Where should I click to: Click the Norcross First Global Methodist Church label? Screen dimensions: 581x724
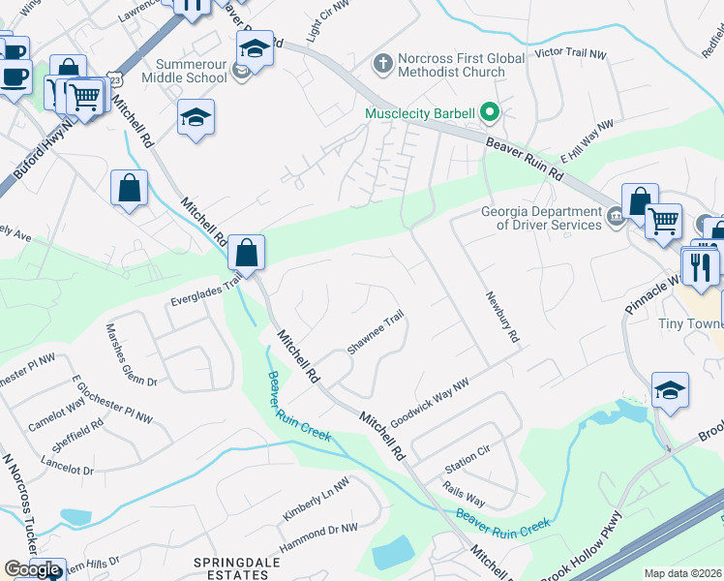point(452,65)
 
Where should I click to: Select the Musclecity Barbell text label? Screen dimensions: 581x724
point(419,113)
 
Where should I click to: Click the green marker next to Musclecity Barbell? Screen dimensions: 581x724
point(489,113)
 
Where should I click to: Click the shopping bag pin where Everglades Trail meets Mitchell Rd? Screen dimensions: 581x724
point(247,254)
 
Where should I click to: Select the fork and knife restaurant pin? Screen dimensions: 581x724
point(703,266)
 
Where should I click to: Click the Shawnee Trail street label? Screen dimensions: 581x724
point(375,333)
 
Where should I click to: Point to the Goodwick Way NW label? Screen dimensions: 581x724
point(430,402)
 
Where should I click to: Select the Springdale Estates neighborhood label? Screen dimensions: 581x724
point(230,567)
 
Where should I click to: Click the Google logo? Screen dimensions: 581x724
point(32,569)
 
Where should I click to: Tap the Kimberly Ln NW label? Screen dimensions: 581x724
point(316,499)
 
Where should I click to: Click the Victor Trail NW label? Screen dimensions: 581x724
point(574,51)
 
